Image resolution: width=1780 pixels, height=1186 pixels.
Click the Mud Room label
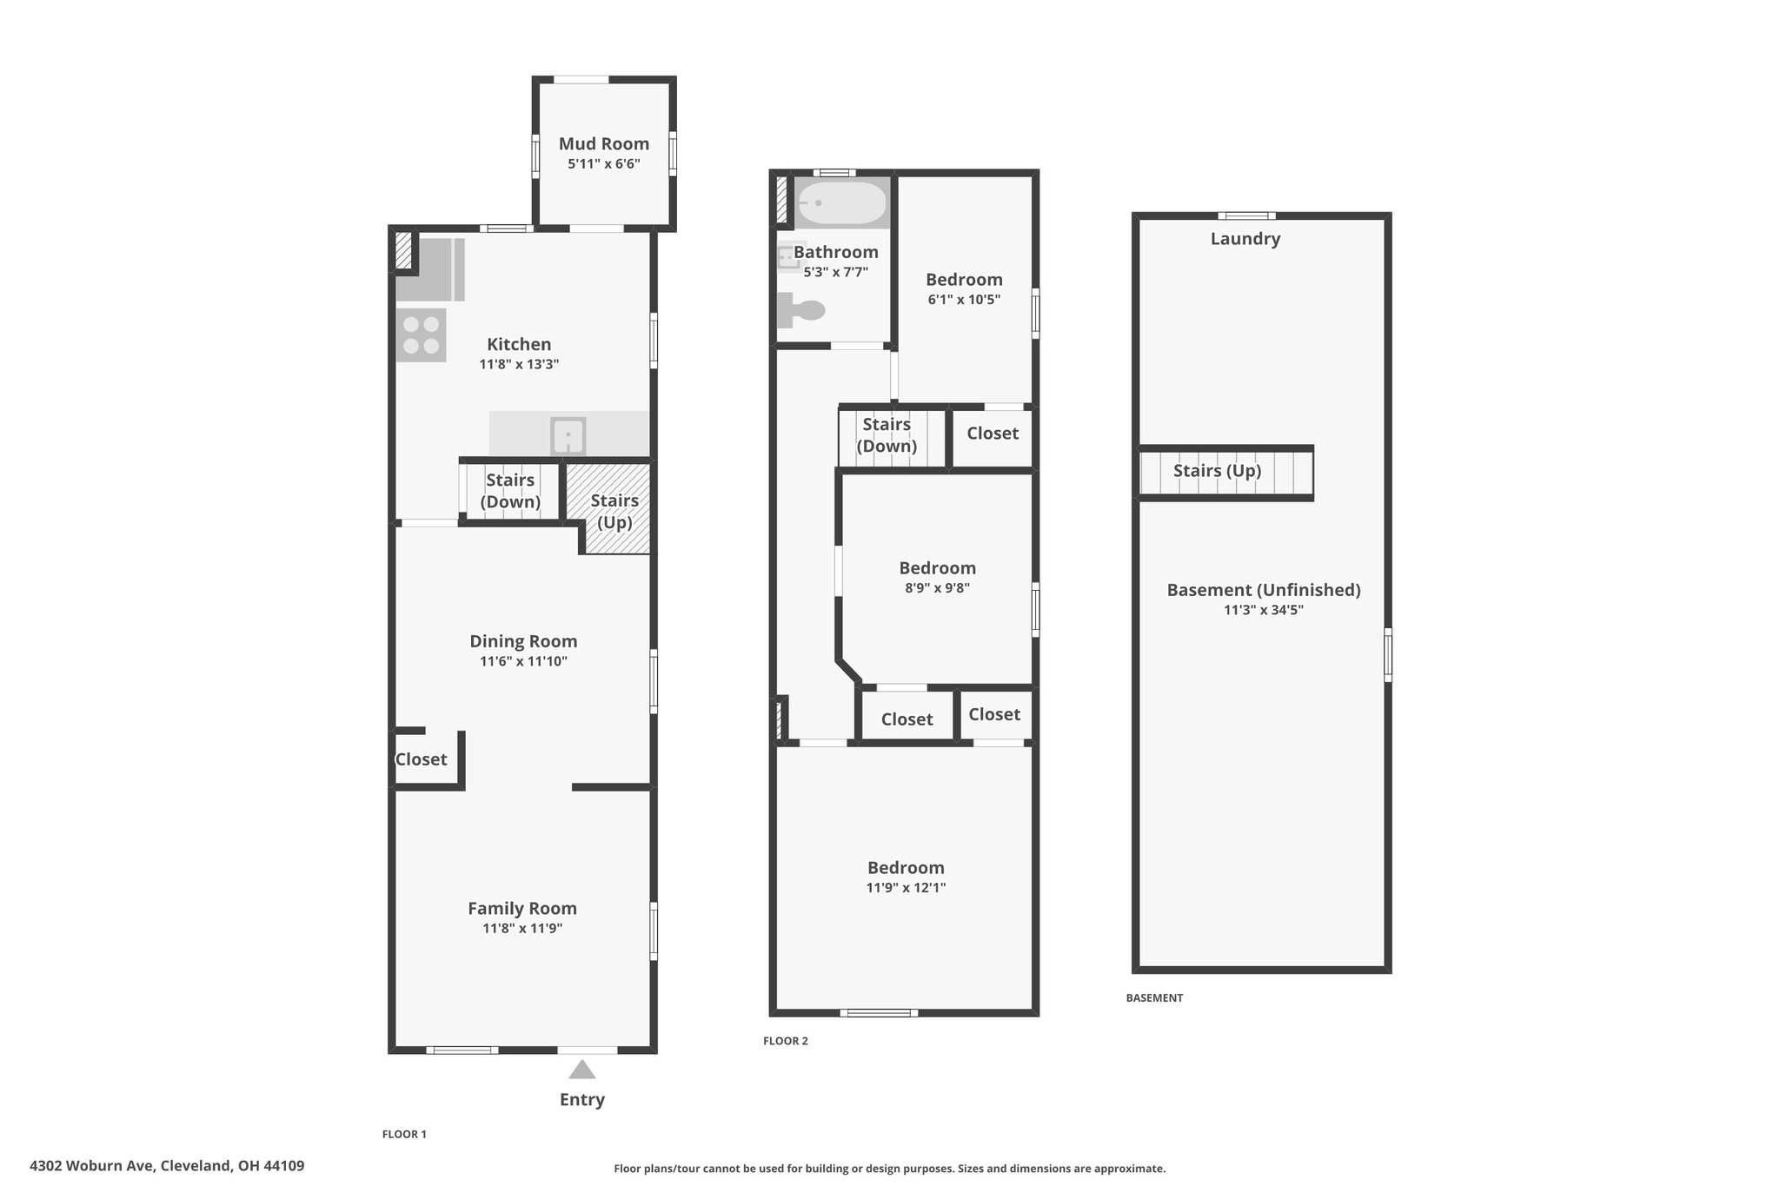(x=604, y=143)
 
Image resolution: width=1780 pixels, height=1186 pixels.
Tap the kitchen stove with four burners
(x=422, y=335)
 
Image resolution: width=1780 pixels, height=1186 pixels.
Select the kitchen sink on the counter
(x=568, y=435)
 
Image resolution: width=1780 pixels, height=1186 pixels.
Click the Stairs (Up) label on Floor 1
(x=614, y=511)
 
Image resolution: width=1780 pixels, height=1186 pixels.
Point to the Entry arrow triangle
(x=582, y=1070)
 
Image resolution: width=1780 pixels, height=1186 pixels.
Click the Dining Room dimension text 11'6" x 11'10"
(x=523, y=661)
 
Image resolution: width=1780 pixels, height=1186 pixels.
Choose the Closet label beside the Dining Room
(x=422, y=759)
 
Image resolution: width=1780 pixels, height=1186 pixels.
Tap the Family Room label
(x=522, y=909)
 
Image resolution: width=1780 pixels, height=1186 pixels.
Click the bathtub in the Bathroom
(x=842, y=203)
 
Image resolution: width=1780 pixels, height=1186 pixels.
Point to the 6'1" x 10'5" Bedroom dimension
(x=964, y=300)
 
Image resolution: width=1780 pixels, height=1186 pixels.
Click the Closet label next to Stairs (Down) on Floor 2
(x=993, y=433)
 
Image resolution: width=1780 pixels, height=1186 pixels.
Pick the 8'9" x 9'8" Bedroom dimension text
(x=937, y=588)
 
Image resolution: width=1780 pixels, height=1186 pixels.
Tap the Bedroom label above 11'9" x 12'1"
(x=906, y=868)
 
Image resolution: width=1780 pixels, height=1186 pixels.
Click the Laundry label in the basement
(x=1245, y=239)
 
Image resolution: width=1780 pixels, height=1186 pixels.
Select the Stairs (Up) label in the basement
(x=1217, y=471)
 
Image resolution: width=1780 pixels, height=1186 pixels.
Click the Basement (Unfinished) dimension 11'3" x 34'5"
(x=1264, y=610)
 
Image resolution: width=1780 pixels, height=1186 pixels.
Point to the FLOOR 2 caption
(x=786, y=1041)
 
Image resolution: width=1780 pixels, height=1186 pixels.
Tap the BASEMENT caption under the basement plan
(x=1154, y=998)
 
